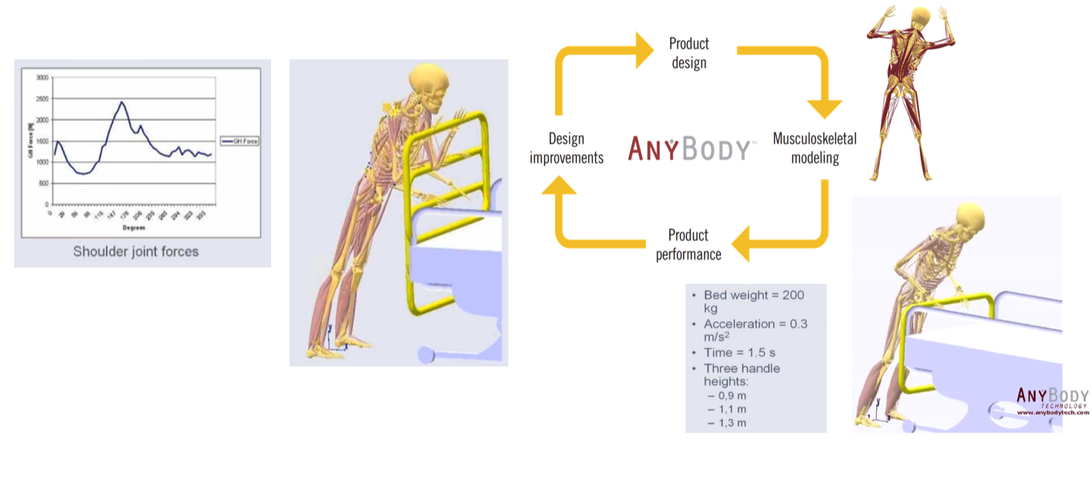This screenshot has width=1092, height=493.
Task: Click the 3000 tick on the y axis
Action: (x=42, y=77)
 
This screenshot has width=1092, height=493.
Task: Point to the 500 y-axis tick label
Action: (x=44, y=183)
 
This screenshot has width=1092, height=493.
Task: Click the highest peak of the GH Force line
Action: (x=122, y=102)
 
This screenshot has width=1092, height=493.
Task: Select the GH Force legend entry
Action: (x=239, y=141)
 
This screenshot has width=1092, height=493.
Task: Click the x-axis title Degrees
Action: (x=134, y=228)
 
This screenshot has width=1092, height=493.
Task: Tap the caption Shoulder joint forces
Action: (x=136, y=252)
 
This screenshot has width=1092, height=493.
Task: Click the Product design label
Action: (x=689, y=53)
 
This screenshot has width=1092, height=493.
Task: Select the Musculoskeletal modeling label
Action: (x=815, y=148)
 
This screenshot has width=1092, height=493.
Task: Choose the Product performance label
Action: (x=688, y=245)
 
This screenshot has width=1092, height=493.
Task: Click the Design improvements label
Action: (x=567, y=148)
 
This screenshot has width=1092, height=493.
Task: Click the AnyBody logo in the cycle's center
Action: (x=689, y=148)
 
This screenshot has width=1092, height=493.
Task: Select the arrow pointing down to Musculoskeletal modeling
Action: (x=826, y=107)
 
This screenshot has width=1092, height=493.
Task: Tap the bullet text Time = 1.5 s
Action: (x=740, y=353)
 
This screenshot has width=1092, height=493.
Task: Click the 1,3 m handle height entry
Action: (x=731, y=423)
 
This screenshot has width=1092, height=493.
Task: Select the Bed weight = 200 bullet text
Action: (x=754, y=295)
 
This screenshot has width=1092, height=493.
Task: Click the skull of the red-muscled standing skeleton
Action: (x=920, y=18)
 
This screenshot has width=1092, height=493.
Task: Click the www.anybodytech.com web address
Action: (x=1053, y=413)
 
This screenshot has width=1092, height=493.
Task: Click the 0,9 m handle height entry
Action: (x=731, y=396)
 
